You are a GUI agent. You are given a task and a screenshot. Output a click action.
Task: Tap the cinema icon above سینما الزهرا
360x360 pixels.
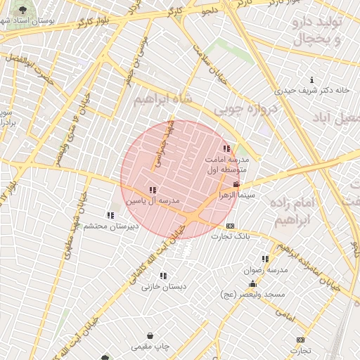tap(236, 184)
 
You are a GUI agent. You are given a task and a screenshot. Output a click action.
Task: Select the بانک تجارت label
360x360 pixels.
tap(233, 236)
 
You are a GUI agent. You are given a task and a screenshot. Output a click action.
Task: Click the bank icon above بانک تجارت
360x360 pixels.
tap(231, 226)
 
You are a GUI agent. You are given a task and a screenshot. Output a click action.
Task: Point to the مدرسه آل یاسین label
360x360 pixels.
tap(153, 200)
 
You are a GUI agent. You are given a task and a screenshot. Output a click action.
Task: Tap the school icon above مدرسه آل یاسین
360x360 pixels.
tap(153, 191)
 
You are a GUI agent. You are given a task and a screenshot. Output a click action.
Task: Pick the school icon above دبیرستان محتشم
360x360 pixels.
tap(110, 215)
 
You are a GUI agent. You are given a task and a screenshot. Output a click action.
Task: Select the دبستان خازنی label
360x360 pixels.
tap(162, 286)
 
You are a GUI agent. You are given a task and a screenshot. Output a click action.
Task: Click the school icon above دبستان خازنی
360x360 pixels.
tap(164, 276)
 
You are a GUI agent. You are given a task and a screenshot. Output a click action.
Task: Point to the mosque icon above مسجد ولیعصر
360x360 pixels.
tap(252, 283)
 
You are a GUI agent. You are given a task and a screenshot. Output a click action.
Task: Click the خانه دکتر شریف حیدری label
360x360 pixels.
tap(312, 90)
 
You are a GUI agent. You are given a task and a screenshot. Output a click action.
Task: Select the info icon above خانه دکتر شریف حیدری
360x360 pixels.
tap(312, 79)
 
